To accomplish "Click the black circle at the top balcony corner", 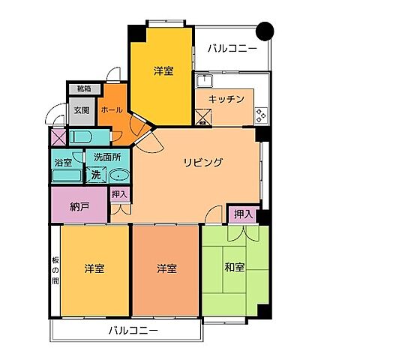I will pos(265,31).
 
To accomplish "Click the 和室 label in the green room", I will pos(234,265).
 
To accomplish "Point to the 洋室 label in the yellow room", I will pos(163,70).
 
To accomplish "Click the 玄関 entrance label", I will pos(82,110).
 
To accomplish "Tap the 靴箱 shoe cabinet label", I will pos(82,89).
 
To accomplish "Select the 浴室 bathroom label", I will pos(63,162).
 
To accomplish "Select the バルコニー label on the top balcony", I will pos(232,49).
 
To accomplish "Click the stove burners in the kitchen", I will pos(261,115).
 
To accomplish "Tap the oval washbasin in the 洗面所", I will pos(119,175).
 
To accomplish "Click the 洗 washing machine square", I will pos(95,175).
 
